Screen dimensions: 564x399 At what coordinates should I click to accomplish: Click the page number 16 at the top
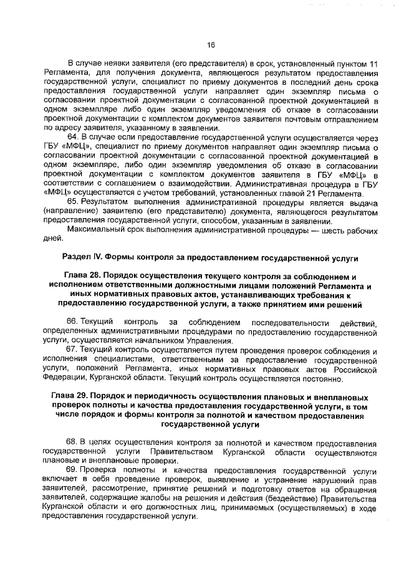point(210,44)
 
